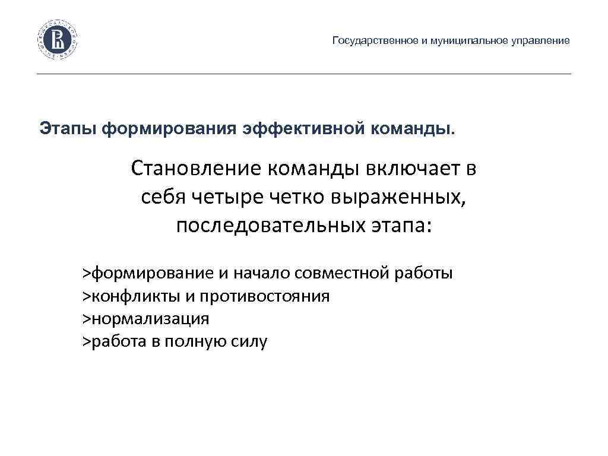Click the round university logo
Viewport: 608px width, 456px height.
(x=58, y=40)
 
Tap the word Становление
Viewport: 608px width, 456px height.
(x=197, y=170)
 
